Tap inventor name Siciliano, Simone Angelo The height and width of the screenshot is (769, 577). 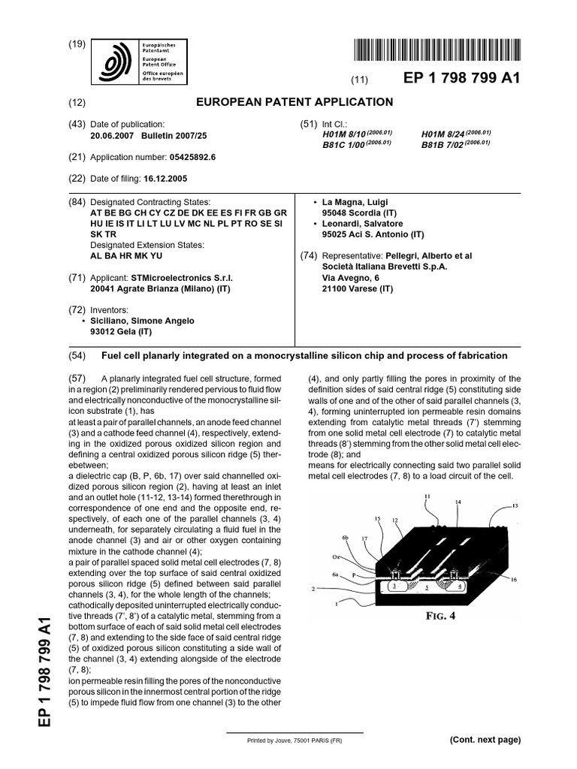(142, 321)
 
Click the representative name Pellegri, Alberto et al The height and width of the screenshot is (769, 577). (427, 255)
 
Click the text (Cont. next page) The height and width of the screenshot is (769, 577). (485, 740)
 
